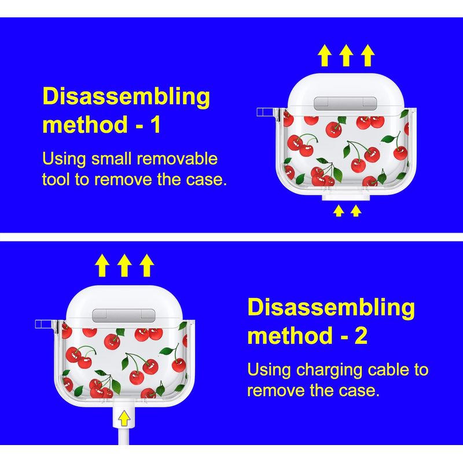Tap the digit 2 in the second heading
coord(361,336)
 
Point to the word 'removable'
coord(177,159)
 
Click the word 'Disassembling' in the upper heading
coord(126,97)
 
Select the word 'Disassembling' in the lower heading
coord(331,308)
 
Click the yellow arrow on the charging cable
coord(124,418)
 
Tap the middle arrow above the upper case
coord(346,55)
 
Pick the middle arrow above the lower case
coord(124,265)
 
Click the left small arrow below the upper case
coord(339,211)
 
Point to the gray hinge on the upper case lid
coord(345,104)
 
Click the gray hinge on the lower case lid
coord(124,315)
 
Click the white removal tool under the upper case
coord(346,197)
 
